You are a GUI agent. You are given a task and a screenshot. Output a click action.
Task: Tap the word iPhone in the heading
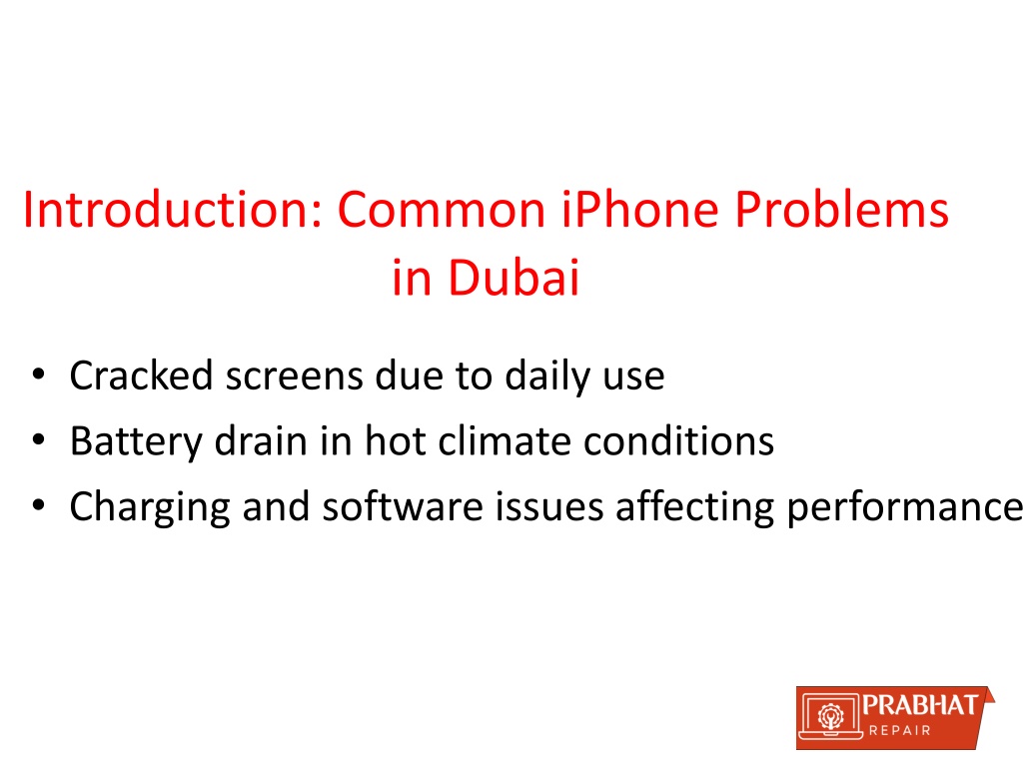(640, 210)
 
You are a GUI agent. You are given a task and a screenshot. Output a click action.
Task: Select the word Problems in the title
(841, 210)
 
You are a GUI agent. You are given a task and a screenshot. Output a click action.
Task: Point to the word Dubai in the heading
(513, 278)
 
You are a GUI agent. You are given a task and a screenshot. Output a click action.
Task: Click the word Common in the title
(442, 210)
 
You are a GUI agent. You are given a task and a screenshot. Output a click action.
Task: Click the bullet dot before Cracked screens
(39, 376)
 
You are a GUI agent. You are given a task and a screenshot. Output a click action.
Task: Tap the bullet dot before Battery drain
(39, 440)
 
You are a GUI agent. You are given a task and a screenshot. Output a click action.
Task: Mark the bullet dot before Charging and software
(39, 505)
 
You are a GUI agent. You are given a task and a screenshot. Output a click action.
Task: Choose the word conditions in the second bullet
(678, 440)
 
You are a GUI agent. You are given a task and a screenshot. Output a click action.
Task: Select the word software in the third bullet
(402, 506)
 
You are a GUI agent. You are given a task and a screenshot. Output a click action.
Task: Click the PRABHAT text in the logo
(919, 705)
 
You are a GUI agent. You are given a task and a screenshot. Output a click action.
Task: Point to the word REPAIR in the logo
(900, 730)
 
